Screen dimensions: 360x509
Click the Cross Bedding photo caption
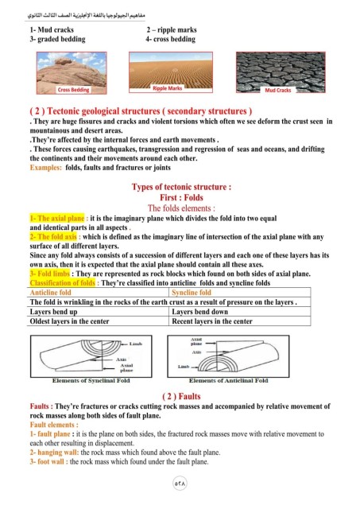73,90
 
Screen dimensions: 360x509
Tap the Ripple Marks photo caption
168,88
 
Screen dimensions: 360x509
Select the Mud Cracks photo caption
278,90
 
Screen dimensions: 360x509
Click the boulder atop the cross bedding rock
64,60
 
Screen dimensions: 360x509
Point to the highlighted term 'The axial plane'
57,218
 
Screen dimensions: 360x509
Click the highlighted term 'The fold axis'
53,236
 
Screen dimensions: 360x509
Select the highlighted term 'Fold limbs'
50,274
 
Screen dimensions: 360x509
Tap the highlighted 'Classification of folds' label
63,283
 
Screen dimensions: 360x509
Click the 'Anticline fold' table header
50,293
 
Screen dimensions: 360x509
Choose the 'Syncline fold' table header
192,293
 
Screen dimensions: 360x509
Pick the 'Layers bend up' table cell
53,312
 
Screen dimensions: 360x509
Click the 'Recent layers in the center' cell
212,321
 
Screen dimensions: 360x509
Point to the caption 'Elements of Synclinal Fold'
91,380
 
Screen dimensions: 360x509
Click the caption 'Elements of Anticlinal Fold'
229,380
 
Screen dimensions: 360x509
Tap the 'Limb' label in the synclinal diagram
136,344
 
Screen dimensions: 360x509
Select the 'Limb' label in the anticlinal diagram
184,367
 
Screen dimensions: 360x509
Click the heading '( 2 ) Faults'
181,396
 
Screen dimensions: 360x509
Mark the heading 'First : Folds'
181,197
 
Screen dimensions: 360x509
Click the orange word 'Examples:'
46,168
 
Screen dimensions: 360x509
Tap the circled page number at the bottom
180,484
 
